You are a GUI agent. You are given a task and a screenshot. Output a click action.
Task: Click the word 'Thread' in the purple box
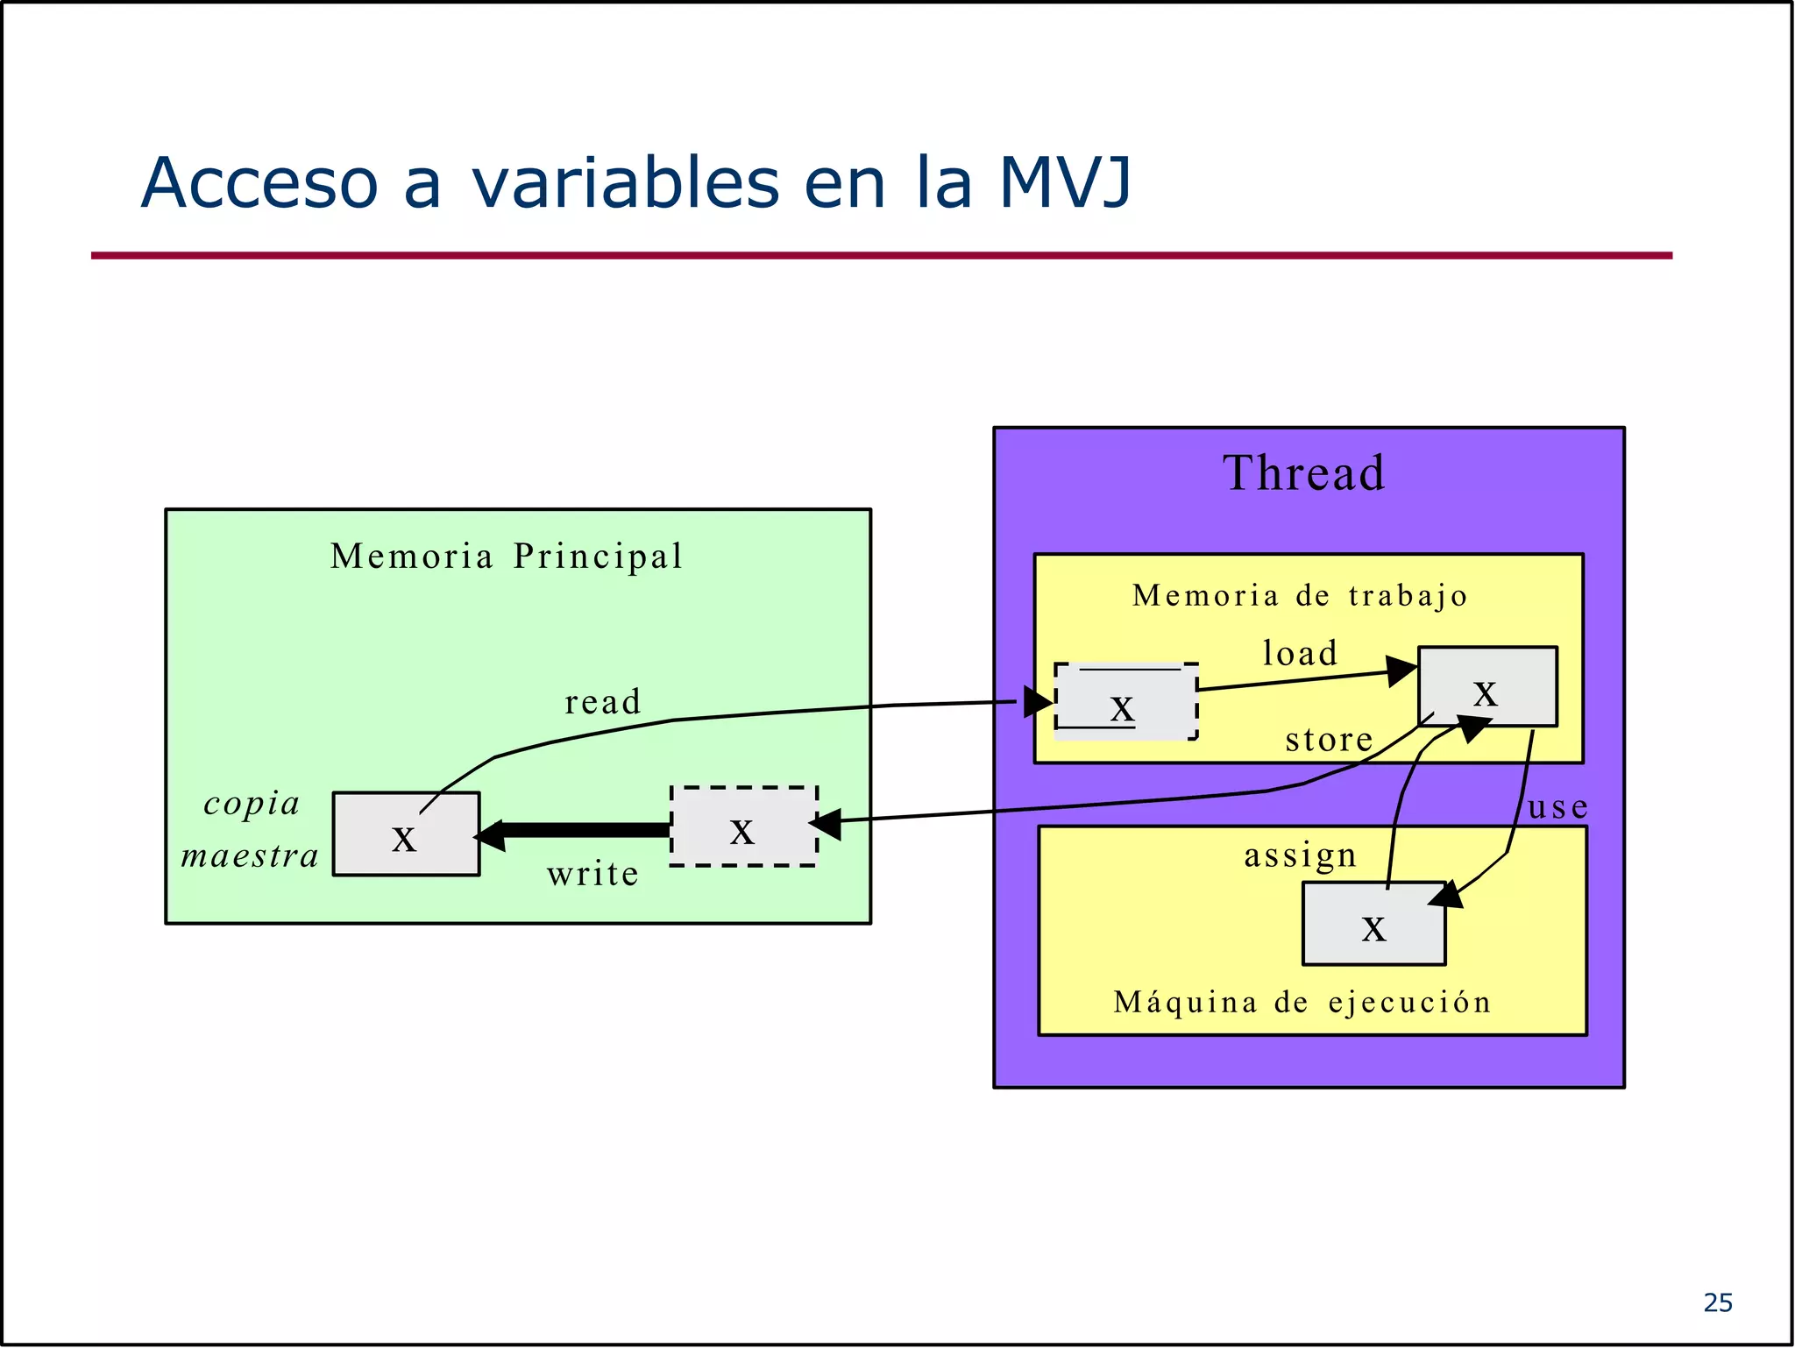[1303, 473]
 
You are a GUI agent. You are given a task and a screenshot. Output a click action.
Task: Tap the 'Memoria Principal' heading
[507, 557]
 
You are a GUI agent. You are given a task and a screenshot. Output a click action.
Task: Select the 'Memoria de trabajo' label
[1300, 596]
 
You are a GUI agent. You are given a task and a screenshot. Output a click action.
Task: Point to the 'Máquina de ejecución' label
[1302, 1002]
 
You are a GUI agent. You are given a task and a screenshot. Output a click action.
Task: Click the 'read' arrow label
[603, 702]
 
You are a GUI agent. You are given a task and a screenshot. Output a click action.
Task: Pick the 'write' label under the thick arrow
[593, 874]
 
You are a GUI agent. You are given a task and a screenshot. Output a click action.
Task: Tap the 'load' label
[1300, 654]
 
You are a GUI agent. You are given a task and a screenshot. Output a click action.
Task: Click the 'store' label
[1329, 741]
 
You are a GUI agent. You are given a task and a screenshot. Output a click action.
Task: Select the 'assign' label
[1300, 855]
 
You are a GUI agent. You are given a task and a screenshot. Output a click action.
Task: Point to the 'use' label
[1557, 807]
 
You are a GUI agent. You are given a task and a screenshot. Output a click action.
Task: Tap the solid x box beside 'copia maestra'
[406, 834]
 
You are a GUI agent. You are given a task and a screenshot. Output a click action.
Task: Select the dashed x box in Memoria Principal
[743, 827]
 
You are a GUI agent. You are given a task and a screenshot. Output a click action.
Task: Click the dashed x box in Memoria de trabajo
[1125, 702]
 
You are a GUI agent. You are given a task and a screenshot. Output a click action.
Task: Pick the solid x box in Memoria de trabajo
[1487, 687]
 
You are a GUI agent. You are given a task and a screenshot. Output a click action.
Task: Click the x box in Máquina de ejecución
[1373, 924]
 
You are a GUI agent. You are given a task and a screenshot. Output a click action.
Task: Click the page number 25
[1718, 1303]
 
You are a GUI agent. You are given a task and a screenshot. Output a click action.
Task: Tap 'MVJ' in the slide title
[1065, 183]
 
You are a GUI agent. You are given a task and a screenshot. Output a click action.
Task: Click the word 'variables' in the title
[626, 183]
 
